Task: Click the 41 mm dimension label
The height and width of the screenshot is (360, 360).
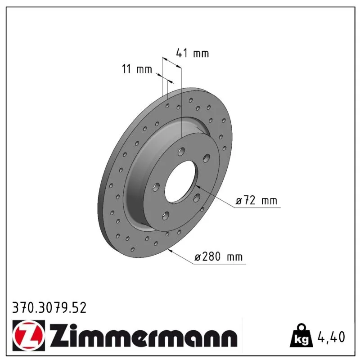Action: (x=193, y=53)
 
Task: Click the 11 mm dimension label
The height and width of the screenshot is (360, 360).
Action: (x=137, y=69)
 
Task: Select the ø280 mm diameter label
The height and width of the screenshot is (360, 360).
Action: (x=218, y=256)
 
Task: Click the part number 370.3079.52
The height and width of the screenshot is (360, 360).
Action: (x=49, y=308)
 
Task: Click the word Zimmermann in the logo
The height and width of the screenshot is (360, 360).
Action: (x=143, y=335)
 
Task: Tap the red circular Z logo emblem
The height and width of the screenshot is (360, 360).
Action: (x=28, y=335)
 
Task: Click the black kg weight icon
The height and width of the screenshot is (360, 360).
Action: (x=301, y=336)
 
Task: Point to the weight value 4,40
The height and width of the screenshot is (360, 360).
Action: (x=331, y=337)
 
